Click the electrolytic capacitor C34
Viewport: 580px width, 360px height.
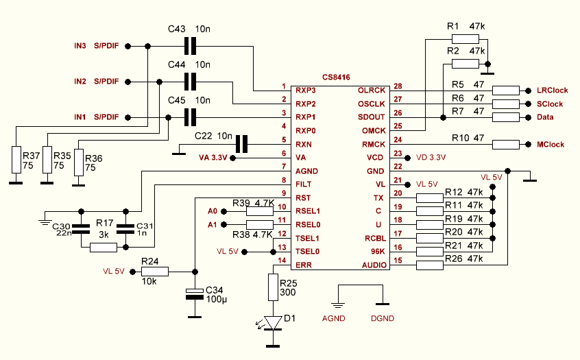[195, 294]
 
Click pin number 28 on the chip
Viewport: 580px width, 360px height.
[398, 86]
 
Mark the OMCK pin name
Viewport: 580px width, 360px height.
[374, 130]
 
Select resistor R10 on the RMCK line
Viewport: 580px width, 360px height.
[506, 145]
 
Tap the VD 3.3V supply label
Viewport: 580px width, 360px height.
[431, 157]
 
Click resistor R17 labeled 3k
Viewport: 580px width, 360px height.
[104, 247]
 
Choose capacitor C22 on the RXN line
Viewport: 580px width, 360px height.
[241, 145]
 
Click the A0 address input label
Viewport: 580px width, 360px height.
[212, 212]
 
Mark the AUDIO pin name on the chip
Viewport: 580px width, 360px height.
[373, 265]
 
